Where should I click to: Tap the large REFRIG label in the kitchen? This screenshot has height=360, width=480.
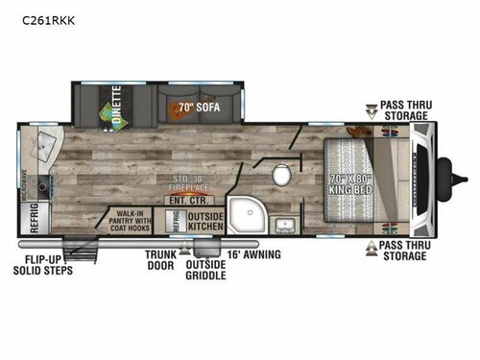pyautogui.click(x=34, y=219)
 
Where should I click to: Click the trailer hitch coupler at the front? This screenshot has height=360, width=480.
pyautogui.click(x=445, y=176)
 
